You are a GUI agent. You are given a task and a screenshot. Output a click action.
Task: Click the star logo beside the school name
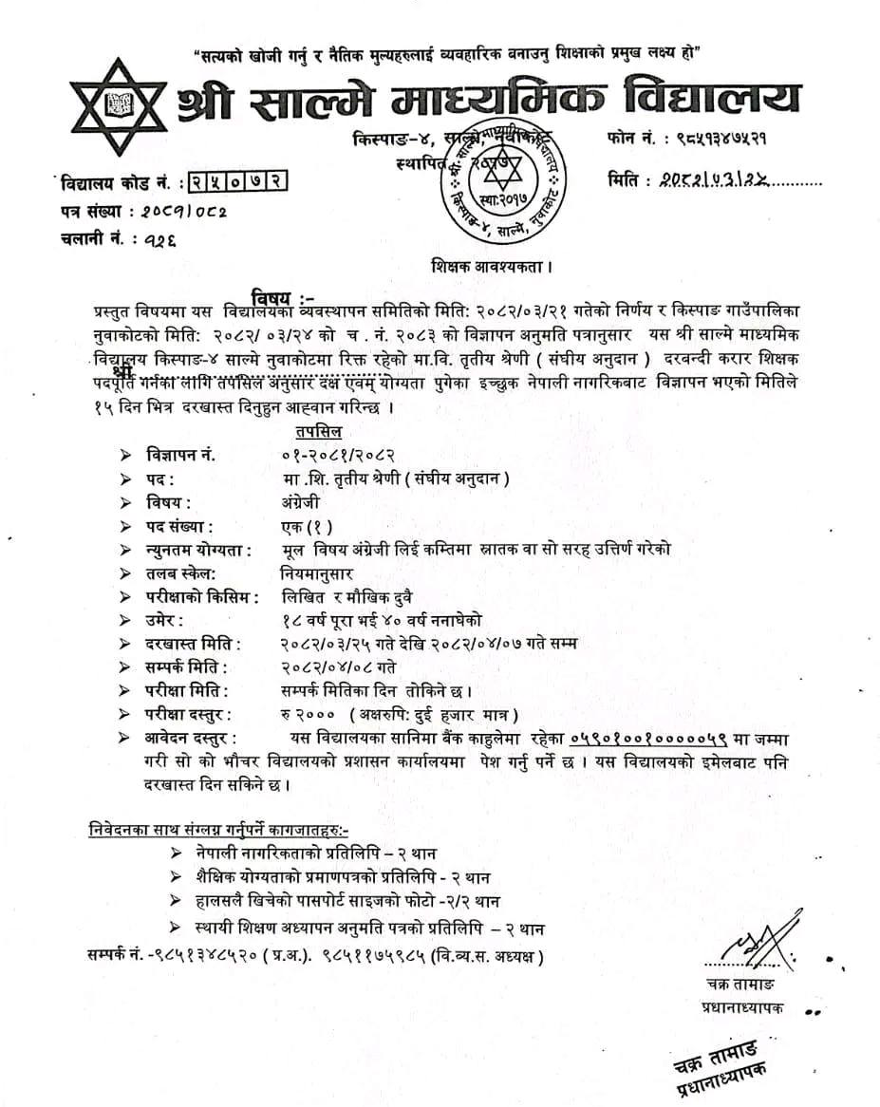[x=120, y=106]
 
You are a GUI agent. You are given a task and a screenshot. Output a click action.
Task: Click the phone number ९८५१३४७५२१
[x=711, y=138]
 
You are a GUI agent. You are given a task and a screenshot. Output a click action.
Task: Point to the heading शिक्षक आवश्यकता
[x=492, y=269]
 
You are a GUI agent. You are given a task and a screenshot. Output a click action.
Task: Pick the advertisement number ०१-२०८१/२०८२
[x=331, y=455]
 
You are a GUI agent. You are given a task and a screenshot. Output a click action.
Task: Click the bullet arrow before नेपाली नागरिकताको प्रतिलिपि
[x=176, y=853]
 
